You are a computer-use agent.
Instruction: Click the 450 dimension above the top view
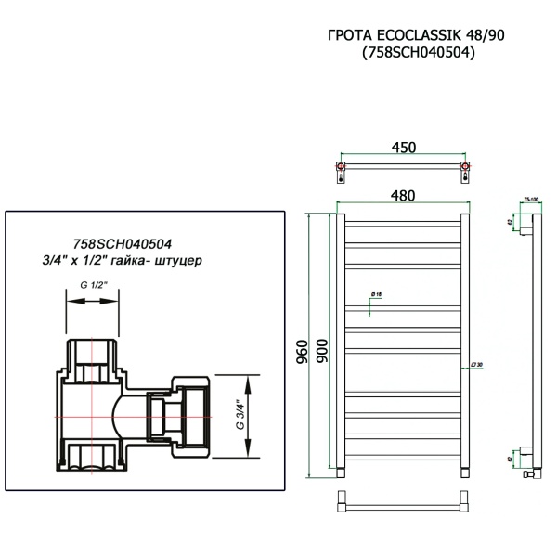(403, 148)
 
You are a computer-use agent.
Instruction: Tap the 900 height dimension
(321, 346)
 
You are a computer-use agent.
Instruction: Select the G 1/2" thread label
(92, 286)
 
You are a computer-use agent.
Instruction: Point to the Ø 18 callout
(376, 293)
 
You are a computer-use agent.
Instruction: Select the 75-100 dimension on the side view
(532, 200)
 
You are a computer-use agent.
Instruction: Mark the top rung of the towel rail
(403, 222)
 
